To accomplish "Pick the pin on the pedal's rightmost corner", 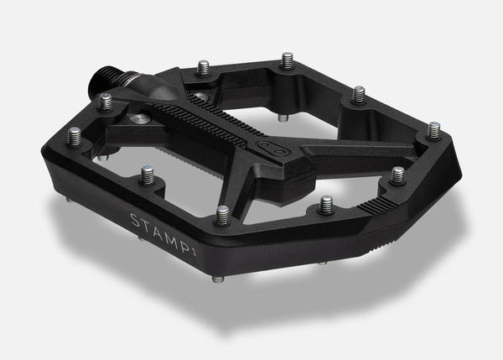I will [433, 129].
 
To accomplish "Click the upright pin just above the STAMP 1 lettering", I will [223, 215].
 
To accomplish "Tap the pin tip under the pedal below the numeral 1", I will [205, 268].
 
